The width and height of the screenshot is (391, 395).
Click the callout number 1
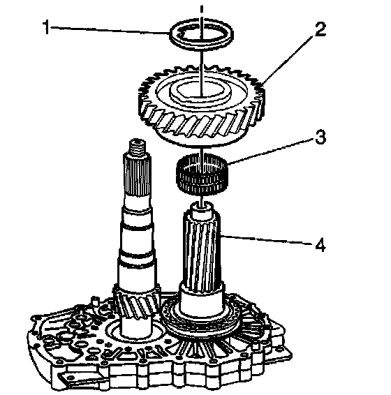[x=46, y=27]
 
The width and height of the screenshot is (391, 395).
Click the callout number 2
[x=320, y=29]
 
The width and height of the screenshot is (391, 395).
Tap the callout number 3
[x=320, y=137]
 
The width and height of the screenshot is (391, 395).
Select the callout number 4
[x=320, y=245]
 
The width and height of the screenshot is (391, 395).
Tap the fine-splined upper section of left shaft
[x=138, y=177]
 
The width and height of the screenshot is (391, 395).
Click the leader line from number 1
[x=110, y=30]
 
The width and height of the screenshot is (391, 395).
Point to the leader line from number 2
[x=288, y=60]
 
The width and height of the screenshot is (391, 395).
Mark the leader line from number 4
[x=267, y=239]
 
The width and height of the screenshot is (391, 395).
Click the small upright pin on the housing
[x=95, y=301]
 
